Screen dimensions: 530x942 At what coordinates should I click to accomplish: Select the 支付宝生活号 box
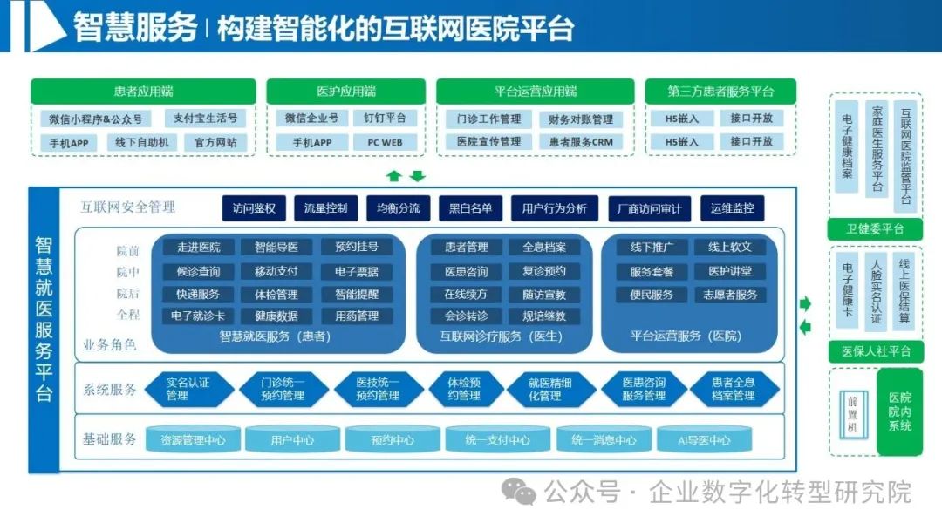coord(205,119)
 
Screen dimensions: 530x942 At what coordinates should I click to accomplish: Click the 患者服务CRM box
coord(576,142)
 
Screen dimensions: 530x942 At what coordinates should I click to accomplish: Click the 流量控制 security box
coord(325,208)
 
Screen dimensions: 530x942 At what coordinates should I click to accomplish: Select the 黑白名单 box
coord(470,208)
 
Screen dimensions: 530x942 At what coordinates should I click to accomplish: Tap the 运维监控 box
coord(733,208)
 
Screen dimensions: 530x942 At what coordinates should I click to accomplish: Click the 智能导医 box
coord(276,248)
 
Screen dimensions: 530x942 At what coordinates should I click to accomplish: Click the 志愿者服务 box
coord(731,295)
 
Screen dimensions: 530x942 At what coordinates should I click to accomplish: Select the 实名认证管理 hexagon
coord(188,389)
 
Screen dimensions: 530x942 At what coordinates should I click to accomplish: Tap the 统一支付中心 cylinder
coord(497,440)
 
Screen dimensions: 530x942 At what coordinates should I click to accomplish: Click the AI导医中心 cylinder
coord(705,440)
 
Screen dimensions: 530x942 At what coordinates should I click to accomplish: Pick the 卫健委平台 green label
coord(875,229)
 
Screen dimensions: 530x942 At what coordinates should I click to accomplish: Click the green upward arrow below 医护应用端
coord(394,176)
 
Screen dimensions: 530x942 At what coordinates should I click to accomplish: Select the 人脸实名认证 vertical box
coord(876,291)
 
